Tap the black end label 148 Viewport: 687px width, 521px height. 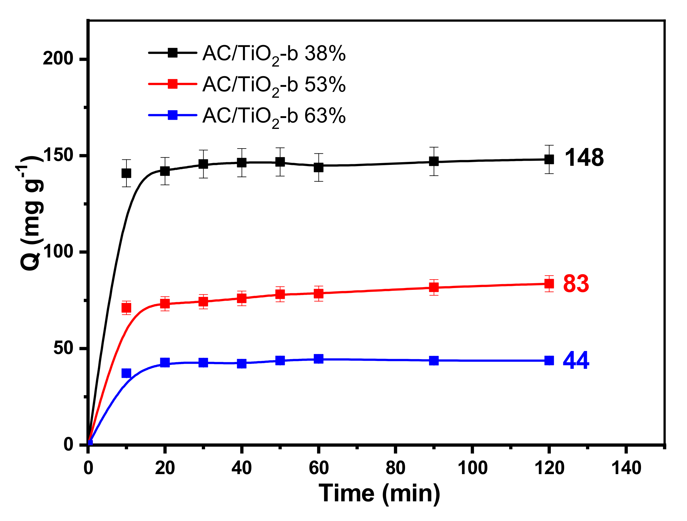pos(584,158)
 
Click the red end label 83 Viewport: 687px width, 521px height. pos(576,284)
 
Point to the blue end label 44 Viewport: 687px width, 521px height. pos(576,361)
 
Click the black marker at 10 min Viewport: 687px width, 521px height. pos(126,173)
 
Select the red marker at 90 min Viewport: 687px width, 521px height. pos(434,287)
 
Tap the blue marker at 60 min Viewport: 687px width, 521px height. pos(319,359)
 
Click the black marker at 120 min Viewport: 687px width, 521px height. pos(549,160)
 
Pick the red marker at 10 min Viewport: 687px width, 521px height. pos(126,308)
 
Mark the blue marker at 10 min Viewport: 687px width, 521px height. pos(126,373)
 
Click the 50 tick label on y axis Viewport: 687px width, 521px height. pos(63,348)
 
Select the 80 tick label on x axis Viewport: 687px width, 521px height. pos(395,468)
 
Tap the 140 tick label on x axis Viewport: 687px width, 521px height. pos(626,468)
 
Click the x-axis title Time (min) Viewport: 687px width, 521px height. pos(380,494)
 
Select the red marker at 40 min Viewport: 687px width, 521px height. pos(242,299)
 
